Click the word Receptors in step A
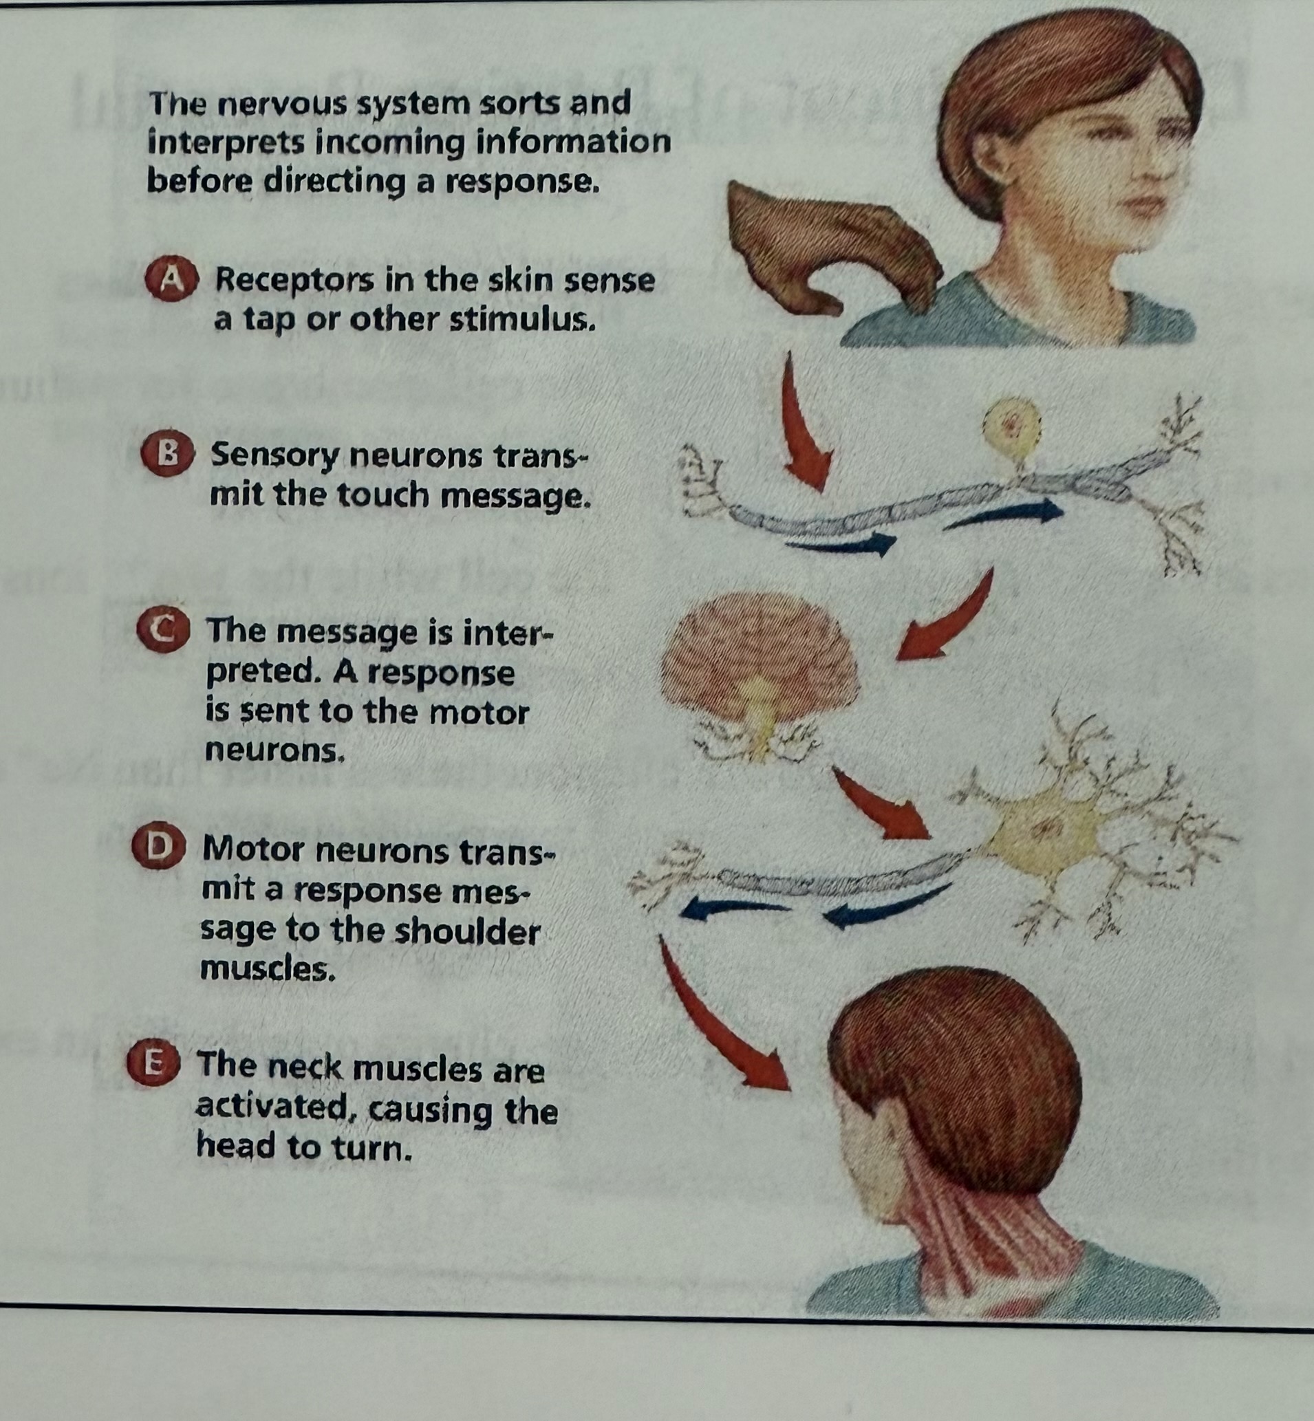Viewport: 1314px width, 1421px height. (x=294, y=281)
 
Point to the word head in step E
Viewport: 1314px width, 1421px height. (x=237, y=1147)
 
